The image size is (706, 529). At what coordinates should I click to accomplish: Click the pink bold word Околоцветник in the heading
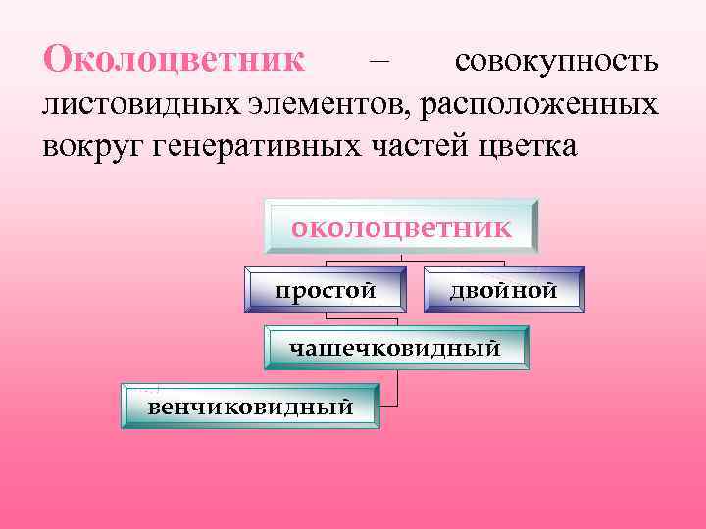(x=175, y=59)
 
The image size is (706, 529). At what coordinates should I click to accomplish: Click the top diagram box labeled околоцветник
(x=401, y=229)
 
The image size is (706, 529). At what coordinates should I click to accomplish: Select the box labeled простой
(x=326, y=290)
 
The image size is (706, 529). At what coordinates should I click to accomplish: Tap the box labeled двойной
(x=503, y=290)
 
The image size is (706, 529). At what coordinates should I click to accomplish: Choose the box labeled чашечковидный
(x=395, y=348)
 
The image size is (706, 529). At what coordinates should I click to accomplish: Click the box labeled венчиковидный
(x=250, y=406)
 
